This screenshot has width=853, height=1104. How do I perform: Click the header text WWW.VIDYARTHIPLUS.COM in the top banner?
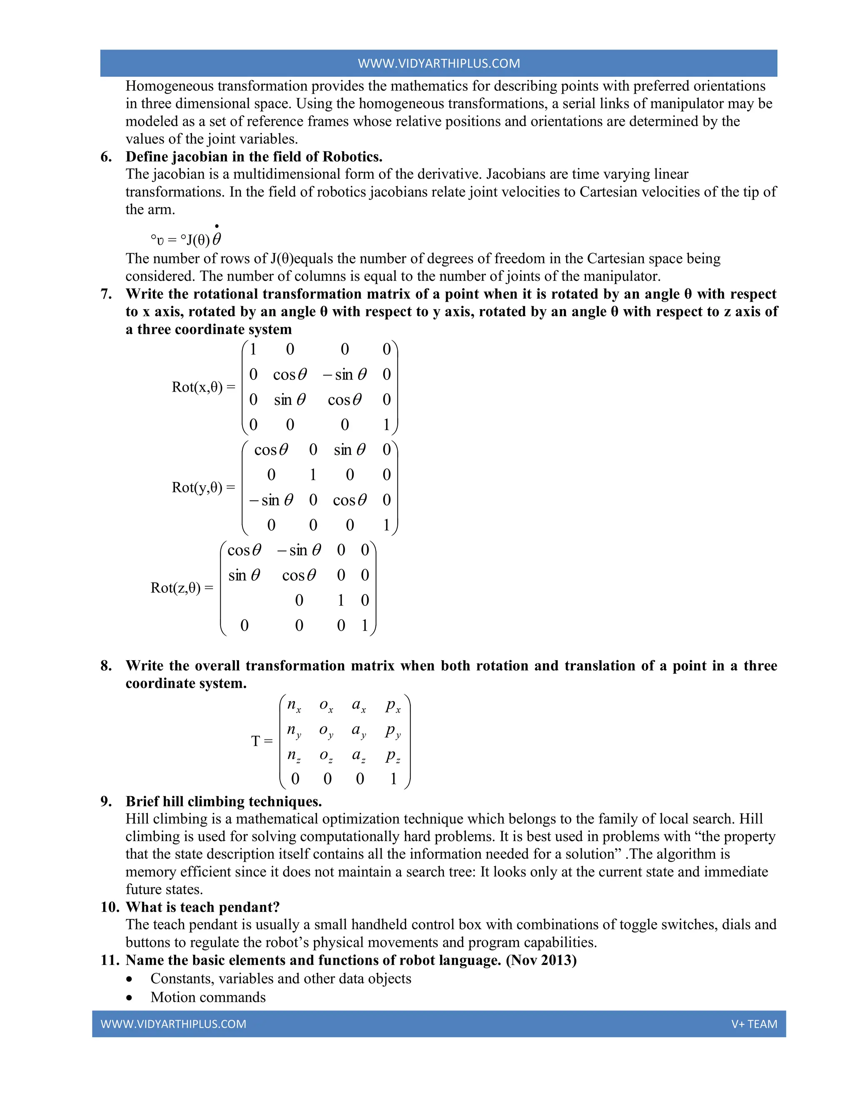pos(439,63)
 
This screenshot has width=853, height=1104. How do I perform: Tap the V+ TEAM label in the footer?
pos(754,1024)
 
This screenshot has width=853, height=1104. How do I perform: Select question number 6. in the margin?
pos(106,157)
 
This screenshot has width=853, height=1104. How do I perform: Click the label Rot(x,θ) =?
pos(203,387)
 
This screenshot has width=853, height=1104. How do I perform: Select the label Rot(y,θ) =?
pos(203,487)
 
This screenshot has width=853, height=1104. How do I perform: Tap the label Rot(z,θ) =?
pos(182,587)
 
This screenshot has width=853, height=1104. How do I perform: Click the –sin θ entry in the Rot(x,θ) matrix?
pos(344,375)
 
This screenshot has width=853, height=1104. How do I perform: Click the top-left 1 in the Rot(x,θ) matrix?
pos(253,349)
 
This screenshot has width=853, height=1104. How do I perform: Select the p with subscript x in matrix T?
pos(393,705)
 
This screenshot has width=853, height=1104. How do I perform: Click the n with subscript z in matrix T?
pos(294,756)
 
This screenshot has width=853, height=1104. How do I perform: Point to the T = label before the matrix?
pos(262,741)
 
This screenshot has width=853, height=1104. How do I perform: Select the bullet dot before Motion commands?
pos(130,998)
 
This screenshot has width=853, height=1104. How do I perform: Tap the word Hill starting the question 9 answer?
pos(137,819)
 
